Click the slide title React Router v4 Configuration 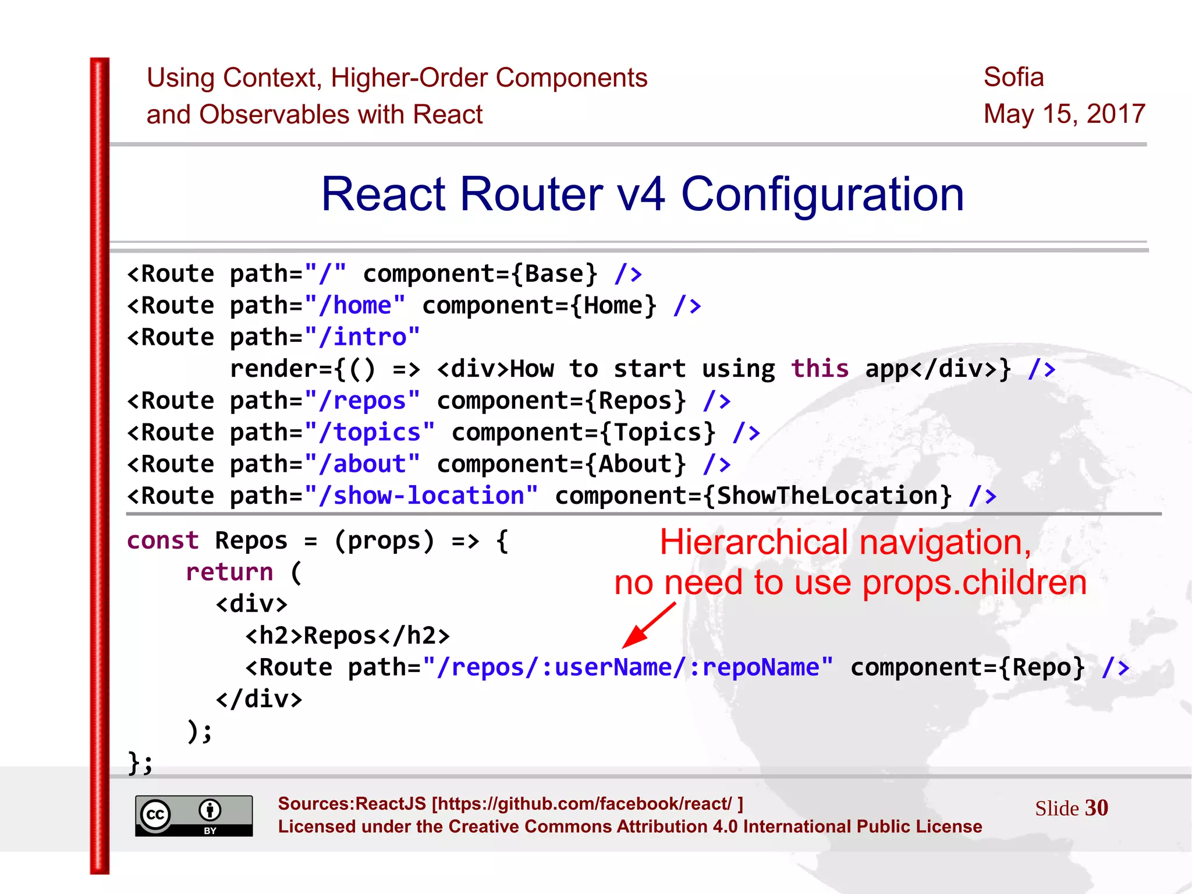click(x=642, y=195)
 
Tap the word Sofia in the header click(x=1013, y=77)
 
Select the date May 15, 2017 click(x=1064, y=114)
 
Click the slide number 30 click(x=1096, y=808)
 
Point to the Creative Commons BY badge click(x=194, y=815)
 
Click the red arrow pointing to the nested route click(x=649, y=625)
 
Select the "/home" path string click(x=354, y=306)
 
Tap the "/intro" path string click(x=362, y=337)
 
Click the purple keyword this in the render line click(x=819, y=369)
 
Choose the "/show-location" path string click(x=421, y=496)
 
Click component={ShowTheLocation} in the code click(x=753, y=496)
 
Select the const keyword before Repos click(x=163, y=540)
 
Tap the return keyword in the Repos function click(x=229, y=572)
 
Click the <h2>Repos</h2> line click(x=347, y=635)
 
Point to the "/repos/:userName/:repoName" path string click(x=628, y=667)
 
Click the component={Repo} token click(x=968, y=667)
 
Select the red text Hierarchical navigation click(x=845, y=543)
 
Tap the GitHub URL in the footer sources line click(x=587, y=804)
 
